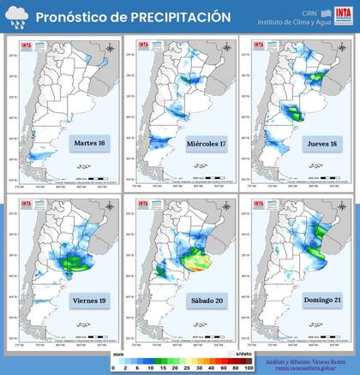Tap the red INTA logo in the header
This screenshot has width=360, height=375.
pyautogui.click(x=344, y=17)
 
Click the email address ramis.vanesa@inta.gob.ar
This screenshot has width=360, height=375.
pyautogui.click(x=305, y=368)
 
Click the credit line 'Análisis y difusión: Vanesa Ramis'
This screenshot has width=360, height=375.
pyautogui.click(x=305, y=360)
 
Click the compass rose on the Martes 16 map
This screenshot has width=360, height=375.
pyautogui.click(x=105, y=46)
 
